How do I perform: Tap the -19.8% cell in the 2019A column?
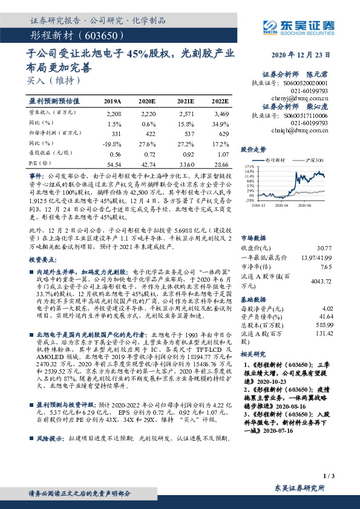[113, 143]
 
